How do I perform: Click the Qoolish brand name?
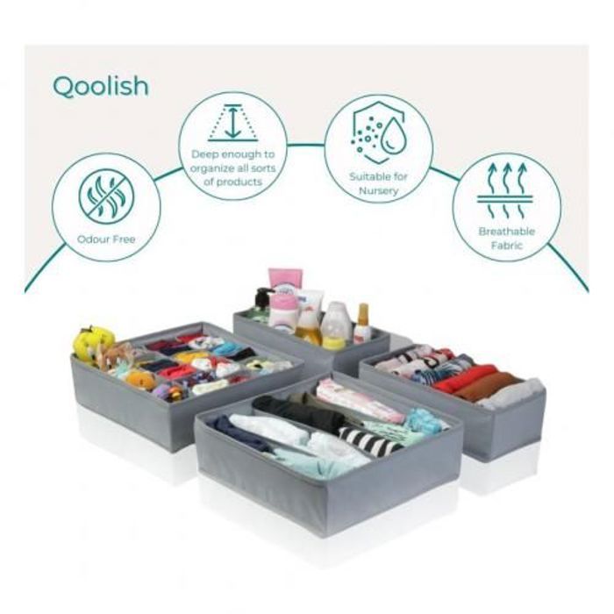101,86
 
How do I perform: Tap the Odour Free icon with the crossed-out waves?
106,196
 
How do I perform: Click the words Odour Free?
106,239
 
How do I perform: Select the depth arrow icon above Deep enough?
233,122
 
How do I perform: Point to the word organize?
212,168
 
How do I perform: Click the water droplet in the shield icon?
394,135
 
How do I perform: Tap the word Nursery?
378,191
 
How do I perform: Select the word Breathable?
507,232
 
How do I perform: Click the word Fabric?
507,246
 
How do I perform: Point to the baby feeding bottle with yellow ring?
336,325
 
